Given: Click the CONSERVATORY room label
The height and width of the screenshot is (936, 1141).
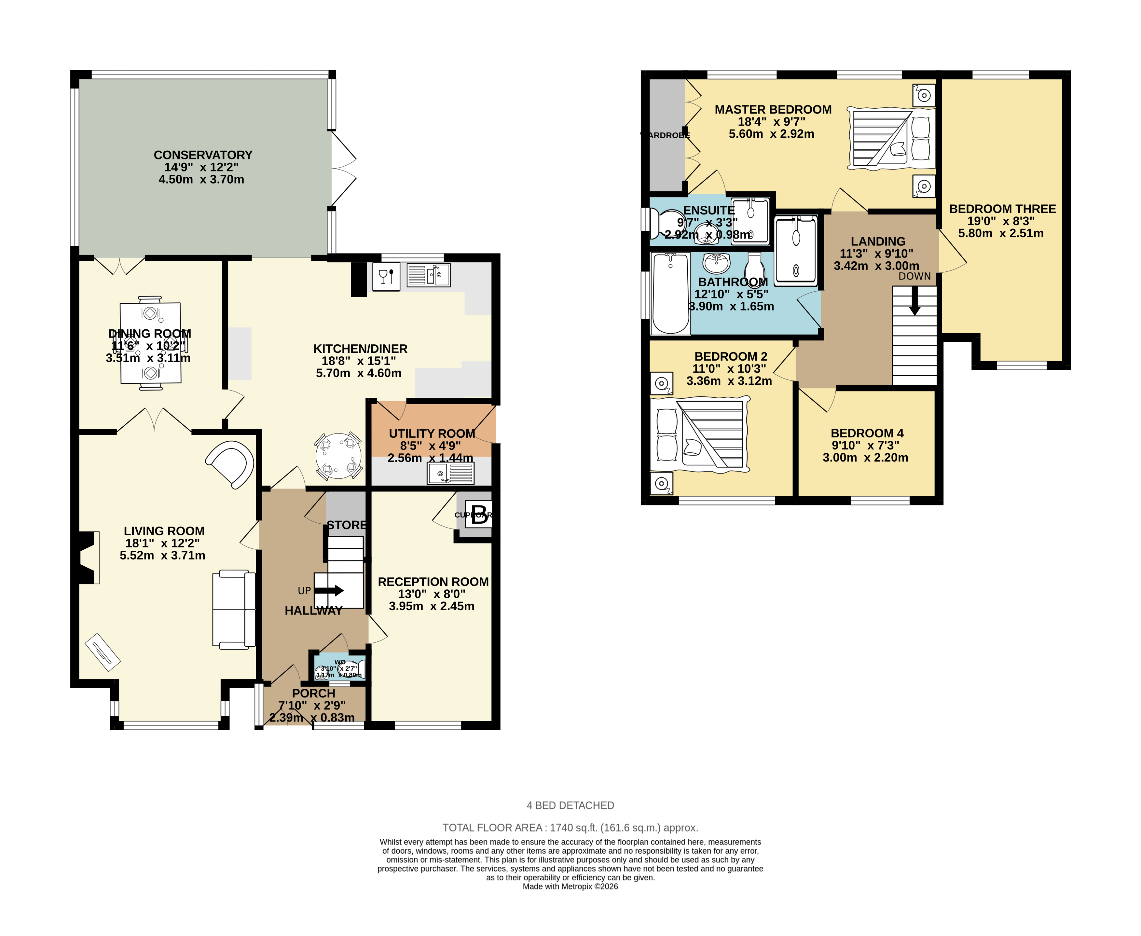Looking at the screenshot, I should pos(203,155).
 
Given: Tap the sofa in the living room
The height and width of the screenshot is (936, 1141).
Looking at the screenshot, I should pos(234,609).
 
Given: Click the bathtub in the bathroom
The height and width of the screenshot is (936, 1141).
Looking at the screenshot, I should pos(670,294).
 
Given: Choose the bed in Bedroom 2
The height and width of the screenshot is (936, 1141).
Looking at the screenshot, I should pos(700,434).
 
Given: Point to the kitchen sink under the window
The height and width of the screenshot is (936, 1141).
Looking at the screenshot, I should pos(428,276).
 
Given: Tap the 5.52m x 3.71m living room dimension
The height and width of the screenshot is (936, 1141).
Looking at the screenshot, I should pos(162,555).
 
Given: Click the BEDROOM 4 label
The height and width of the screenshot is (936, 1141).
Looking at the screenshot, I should pos(867,433).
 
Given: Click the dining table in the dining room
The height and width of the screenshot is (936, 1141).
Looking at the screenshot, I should pos(150,343).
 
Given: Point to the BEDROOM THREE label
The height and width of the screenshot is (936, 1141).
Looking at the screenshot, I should pos(1002,209).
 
